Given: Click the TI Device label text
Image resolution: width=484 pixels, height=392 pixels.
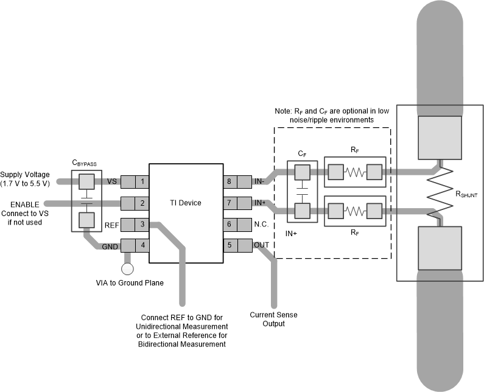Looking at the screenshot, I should coord(186,203).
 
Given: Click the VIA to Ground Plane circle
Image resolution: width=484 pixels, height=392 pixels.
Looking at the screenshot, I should coord(128,268).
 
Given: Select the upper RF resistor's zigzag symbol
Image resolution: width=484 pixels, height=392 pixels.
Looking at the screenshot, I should coord(356,173).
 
